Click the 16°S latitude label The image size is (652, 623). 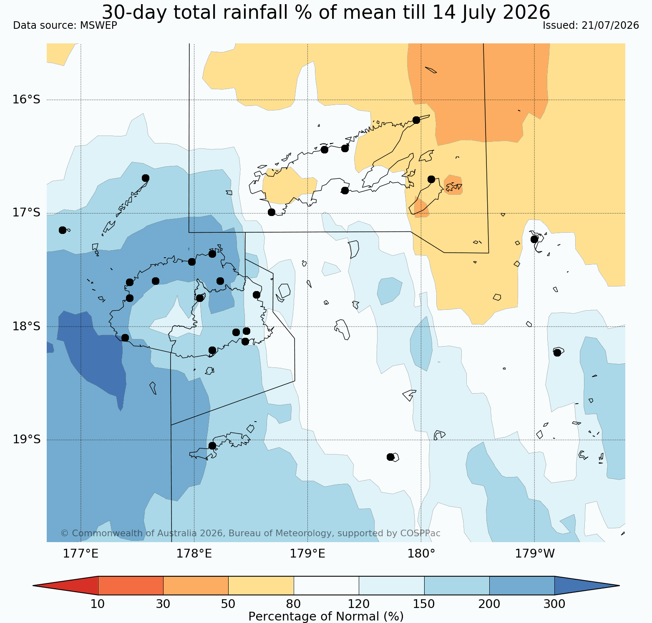26,100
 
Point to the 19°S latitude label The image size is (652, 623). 26,440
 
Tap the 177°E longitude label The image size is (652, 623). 81,554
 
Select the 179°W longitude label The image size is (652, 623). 535,554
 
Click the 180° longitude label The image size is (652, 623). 421,554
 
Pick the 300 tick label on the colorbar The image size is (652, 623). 554,604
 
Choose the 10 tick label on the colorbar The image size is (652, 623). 98,604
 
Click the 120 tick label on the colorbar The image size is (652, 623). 359,604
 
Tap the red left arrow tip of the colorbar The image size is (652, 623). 33,585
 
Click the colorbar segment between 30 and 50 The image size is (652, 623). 196,585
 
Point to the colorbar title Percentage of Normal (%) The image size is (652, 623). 326,616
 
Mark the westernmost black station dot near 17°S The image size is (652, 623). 63,230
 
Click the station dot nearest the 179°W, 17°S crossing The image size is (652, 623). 534,239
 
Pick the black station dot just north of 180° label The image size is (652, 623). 390,457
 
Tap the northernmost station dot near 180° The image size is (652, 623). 416,120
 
